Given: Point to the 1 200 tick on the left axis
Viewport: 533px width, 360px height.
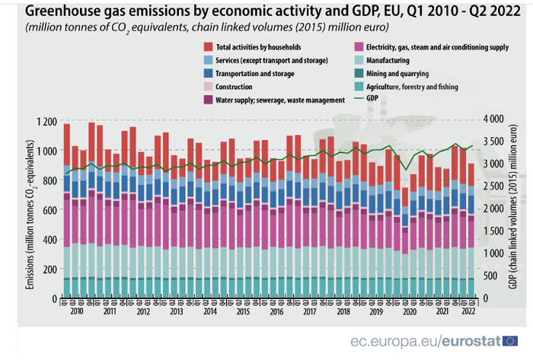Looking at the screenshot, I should click(x=46, y=122).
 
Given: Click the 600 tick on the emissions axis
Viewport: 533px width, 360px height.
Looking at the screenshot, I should click(x=50, y=210).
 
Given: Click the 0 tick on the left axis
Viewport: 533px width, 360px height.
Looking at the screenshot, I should click(x=56, y=298).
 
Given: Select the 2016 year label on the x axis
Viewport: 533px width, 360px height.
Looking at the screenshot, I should click(x=277, y=312).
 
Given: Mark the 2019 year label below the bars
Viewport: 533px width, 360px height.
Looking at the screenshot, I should click(x=376, y=312).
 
